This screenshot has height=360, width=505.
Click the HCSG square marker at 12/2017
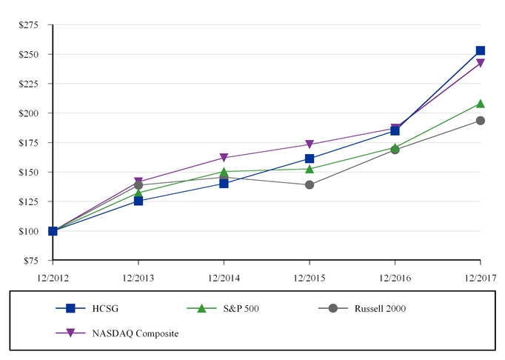tap(480, 51)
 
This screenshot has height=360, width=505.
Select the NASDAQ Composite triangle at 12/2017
tap(480, 64)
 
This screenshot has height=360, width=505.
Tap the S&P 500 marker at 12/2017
tap(480, 104)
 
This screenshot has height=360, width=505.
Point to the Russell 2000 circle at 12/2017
tap(480, 121)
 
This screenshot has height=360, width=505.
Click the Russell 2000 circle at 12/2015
tap(309, 184)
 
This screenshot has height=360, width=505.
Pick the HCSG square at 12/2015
tap(309, 159)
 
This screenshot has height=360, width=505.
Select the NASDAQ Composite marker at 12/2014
tap(224, 158)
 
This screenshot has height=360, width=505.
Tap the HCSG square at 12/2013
tap(138, 201)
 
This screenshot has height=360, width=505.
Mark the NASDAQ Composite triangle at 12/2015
tap(309, 145)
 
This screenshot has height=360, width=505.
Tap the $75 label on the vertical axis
tap(30, 261)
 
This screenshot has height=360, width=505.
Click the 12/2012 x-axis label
tap(53, 278)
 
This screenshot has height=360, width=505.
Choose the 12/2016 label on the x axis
tap(395, 278)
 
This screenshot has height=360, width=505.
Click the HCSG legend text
tap(105, 308)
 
